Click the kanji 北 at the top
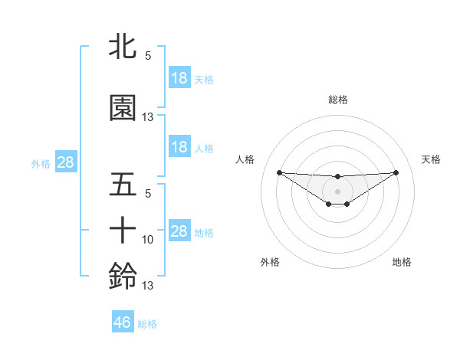coord(123,46)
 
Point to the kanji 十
coord(123,231)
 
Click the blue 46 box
coord(123,322)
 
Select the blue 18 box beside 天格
coord(179,78)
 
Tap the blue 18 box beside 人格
coord(179,147)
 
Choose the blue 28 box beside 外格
coord(65,163)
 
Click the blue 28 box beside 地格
coord(179,231)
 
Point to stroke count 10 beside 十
coord(148,240)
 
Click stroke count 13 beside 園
coord(148,117)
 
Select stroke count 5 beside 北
coord(148,55)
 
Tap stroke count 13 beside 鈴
coord(148,286)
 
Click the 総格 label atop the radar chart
coord(337,100)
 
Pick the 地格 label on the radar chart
coord(402,262)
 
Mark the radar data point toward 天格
coord(396,172)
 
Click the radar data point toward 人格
coord(279,172)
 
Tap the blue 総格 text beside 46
coord(147,324)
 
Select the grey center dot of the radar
coord(337,191)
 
